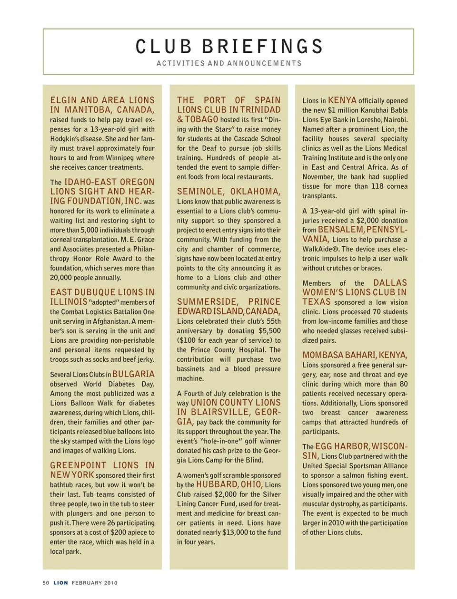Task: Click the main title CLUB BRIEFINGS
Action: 229,47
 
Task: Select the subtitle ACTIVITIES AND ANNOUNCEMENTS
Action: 229,63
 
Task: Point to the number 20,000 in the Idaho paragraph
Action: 60,278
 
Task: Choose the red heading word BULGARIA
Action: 133,374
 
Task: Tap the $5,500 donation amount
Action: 269,331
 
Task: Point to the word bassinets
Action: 191,369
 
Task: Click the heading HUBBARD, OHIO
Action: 229,484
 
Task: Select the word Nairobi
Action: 396,120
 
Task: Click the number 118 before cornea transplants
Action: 378,186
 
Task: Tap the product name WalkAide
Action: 319,249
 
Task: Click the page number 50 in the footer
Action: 46,583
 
